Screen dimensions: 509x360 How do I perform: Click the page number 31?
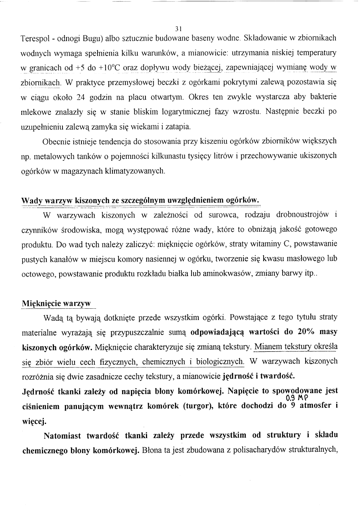tap(179, 29)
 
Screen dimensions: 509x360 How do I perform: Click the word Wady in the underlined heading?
tap(31, 200)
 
